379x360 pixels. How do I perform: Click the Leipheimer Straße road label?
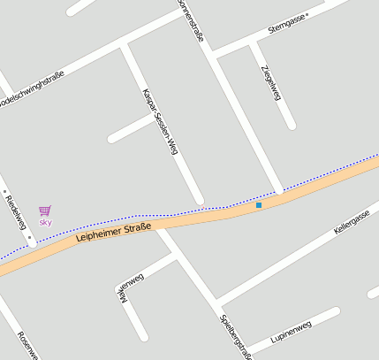pyautogui.click(x=114, y=232)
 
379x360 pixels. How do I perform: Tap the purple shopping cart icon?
pyautogui.click(x=45, y=211)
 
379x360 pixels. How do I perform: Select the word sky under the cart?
pyautogui.click(x=45, y=222)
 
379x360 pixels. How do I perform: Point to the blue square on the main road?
pyautogui.click(x=259, y=206)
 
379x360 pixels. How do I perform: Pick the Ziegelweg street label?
pyautogui.click(x=270, y=82)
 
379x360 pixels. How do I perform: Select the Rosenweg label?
pyautogui.click(x=27, y=346)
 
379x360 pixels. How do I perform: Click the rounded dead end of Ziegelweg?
pyautogui.click(x=290, y=125)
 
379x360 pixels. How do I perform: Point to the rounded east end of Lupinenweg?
pyautogui.click(x=336, y=311)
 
